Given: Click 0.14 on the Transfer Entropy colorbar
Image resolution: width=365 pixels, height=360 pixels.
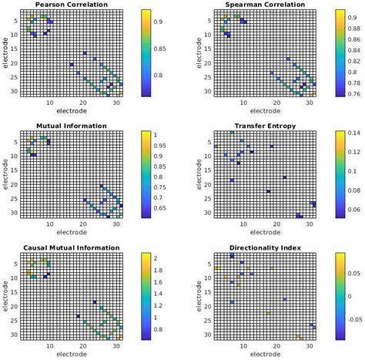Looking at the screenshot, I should (353, 134).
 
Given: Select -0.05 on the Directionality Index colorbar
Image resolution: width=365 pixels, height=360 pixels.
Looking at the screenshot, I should (355, 317).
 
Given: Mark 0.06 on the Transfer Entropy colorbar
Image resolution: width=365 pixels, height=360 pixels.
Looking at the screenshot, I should (354, 209).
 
